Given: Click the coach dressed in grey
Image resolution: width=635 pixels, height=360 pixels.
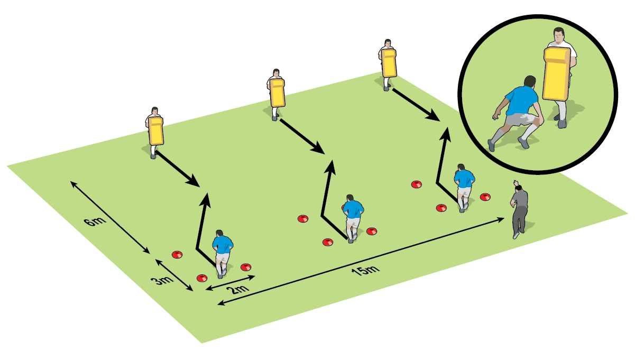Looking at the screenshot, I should pos(519,210).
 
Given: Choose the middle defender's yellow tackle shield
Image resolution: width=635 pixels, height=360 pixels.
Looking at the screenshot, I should pos(278,93).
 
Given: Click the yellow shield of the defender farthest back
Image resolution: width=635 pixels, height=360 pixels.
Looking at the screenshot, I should pos(389,63).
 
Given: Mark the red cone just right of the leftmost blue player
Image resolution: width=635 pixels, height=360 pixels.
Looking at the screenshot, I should pos(246,267).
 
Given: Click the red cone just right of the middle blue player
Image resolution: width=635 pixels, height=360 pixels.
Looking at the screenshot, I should pos(372,231).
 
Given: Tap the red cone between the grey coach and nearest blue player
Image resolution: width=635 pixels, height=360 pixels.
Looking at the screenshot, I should pos(485,197).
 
